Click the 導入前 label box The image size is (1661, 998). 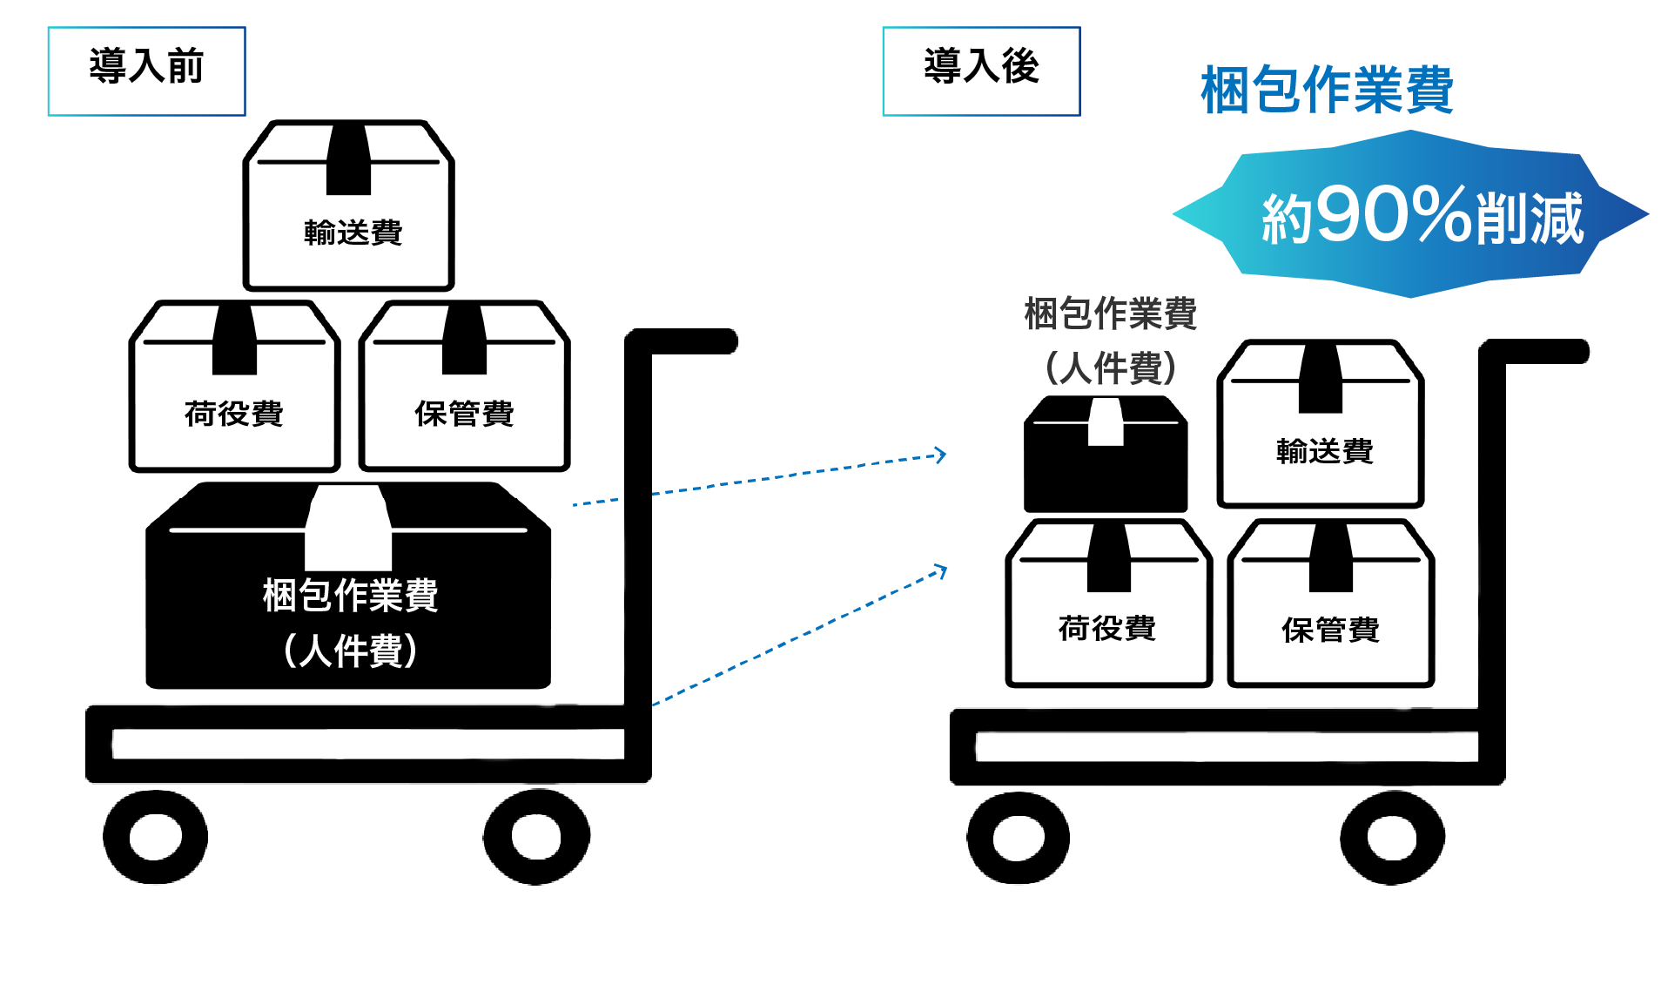pos(146,71)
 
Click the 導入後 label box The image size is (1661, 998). pos(981,71)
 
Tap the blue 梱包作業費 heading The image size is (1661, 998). pos(1326,90)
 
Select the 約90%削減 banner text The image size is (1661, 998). pos(1421,216)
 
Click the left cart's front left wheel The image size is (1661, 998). pos(156,837)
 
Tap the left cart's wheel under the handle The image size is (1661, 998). pos(536,837)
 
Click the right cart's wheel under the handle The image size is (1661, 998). pos(1392,838)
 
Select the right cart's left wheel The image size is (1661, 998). pos(1018,838)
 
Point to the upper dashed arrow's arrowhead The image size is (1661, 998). pos(941,455)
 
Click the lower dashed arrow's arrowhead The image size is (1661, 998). pos(941,571)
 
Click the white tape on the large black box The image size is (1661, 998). pos(348,527)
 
